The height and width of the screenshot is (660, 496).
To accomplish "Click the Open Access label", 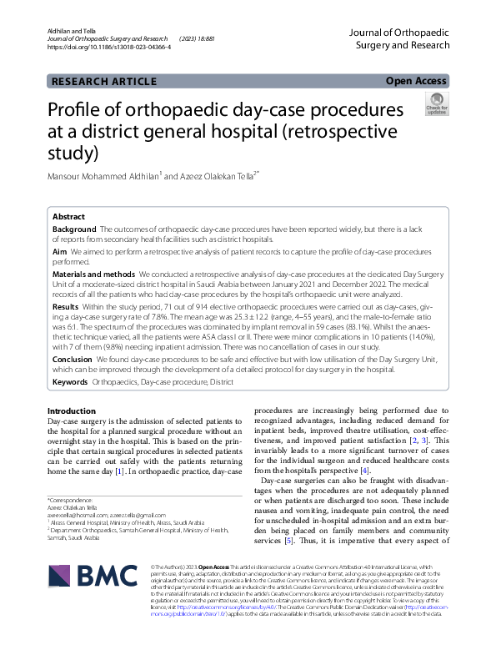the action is (416, 81).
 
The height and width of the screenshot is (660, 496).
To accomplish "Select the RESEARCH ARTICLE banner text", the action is (103, 82).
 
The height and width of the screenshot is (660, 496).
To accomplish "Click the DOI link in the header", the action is (110, 48).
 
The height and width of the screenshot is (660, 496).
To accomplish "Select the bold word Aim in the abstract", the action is (60, 250).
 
